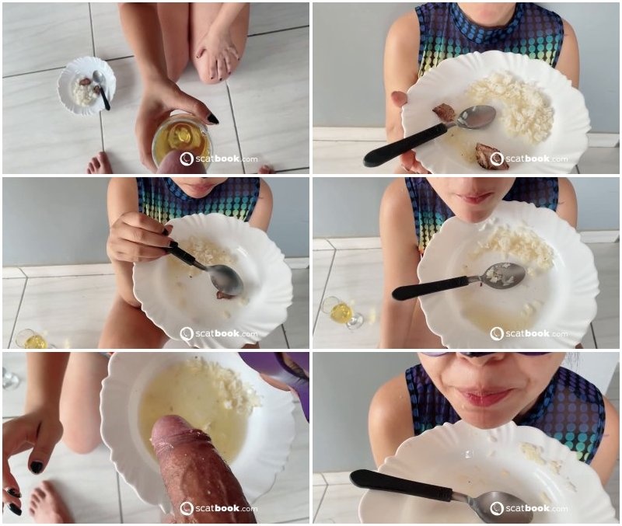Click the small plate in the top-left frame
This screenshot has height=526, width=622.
[87, 85]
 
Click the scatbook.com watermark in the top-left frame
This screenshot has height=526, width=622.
[218, 159]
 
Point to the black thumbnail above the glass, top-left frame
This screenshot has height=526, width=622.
[212, 118]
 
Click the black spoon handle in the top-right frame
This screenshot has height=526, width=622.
[407, 145]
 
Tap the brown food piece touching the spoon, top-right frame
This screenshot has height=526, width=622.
[444, 112]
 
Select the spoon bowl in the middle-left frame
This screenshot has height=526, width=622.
[227, 279]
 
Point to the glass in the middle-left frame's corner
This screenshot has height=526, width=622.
[32, 339]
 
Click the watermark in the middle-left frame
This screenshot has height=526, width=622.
[218, 334]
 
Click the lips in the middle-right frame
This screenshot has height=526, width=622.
[473, 197]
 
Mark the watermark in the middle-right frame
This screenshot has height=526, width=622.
[529, 334]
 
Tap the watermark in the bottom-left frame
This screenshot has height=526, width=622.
[218, 509]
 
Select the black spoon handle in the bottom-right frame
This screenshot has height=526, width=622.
[401, 485]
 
